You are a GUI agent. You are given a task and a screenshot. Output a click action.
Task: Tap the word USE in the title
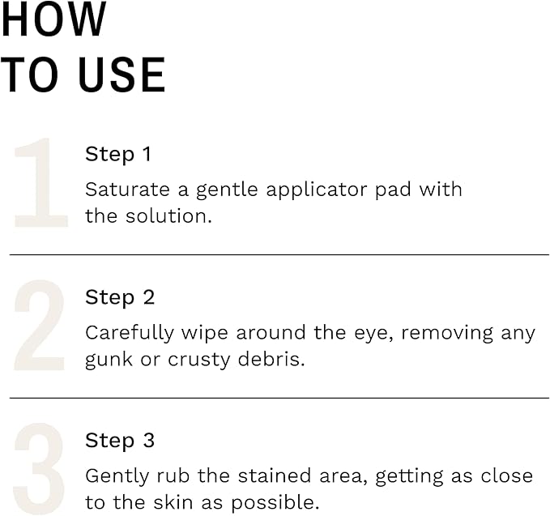coord(122,75)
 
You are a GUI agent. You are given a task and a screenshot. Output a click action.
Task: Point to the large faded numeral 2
coord(40,326)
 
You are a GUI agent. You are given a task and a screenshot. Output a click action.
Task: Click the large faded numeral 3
coord(40,469)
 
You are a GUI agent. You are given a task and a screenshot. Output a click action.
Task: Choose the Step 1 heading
coord(118,154)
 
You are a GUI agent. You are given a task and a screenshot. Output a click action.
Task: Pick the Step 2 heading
coord(120,297)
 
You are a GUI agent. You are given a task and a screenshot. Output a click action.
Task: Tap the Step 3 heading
coord(120,441)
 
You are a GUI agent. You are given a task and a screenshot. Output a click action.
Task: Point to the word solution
coord(168,216)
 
